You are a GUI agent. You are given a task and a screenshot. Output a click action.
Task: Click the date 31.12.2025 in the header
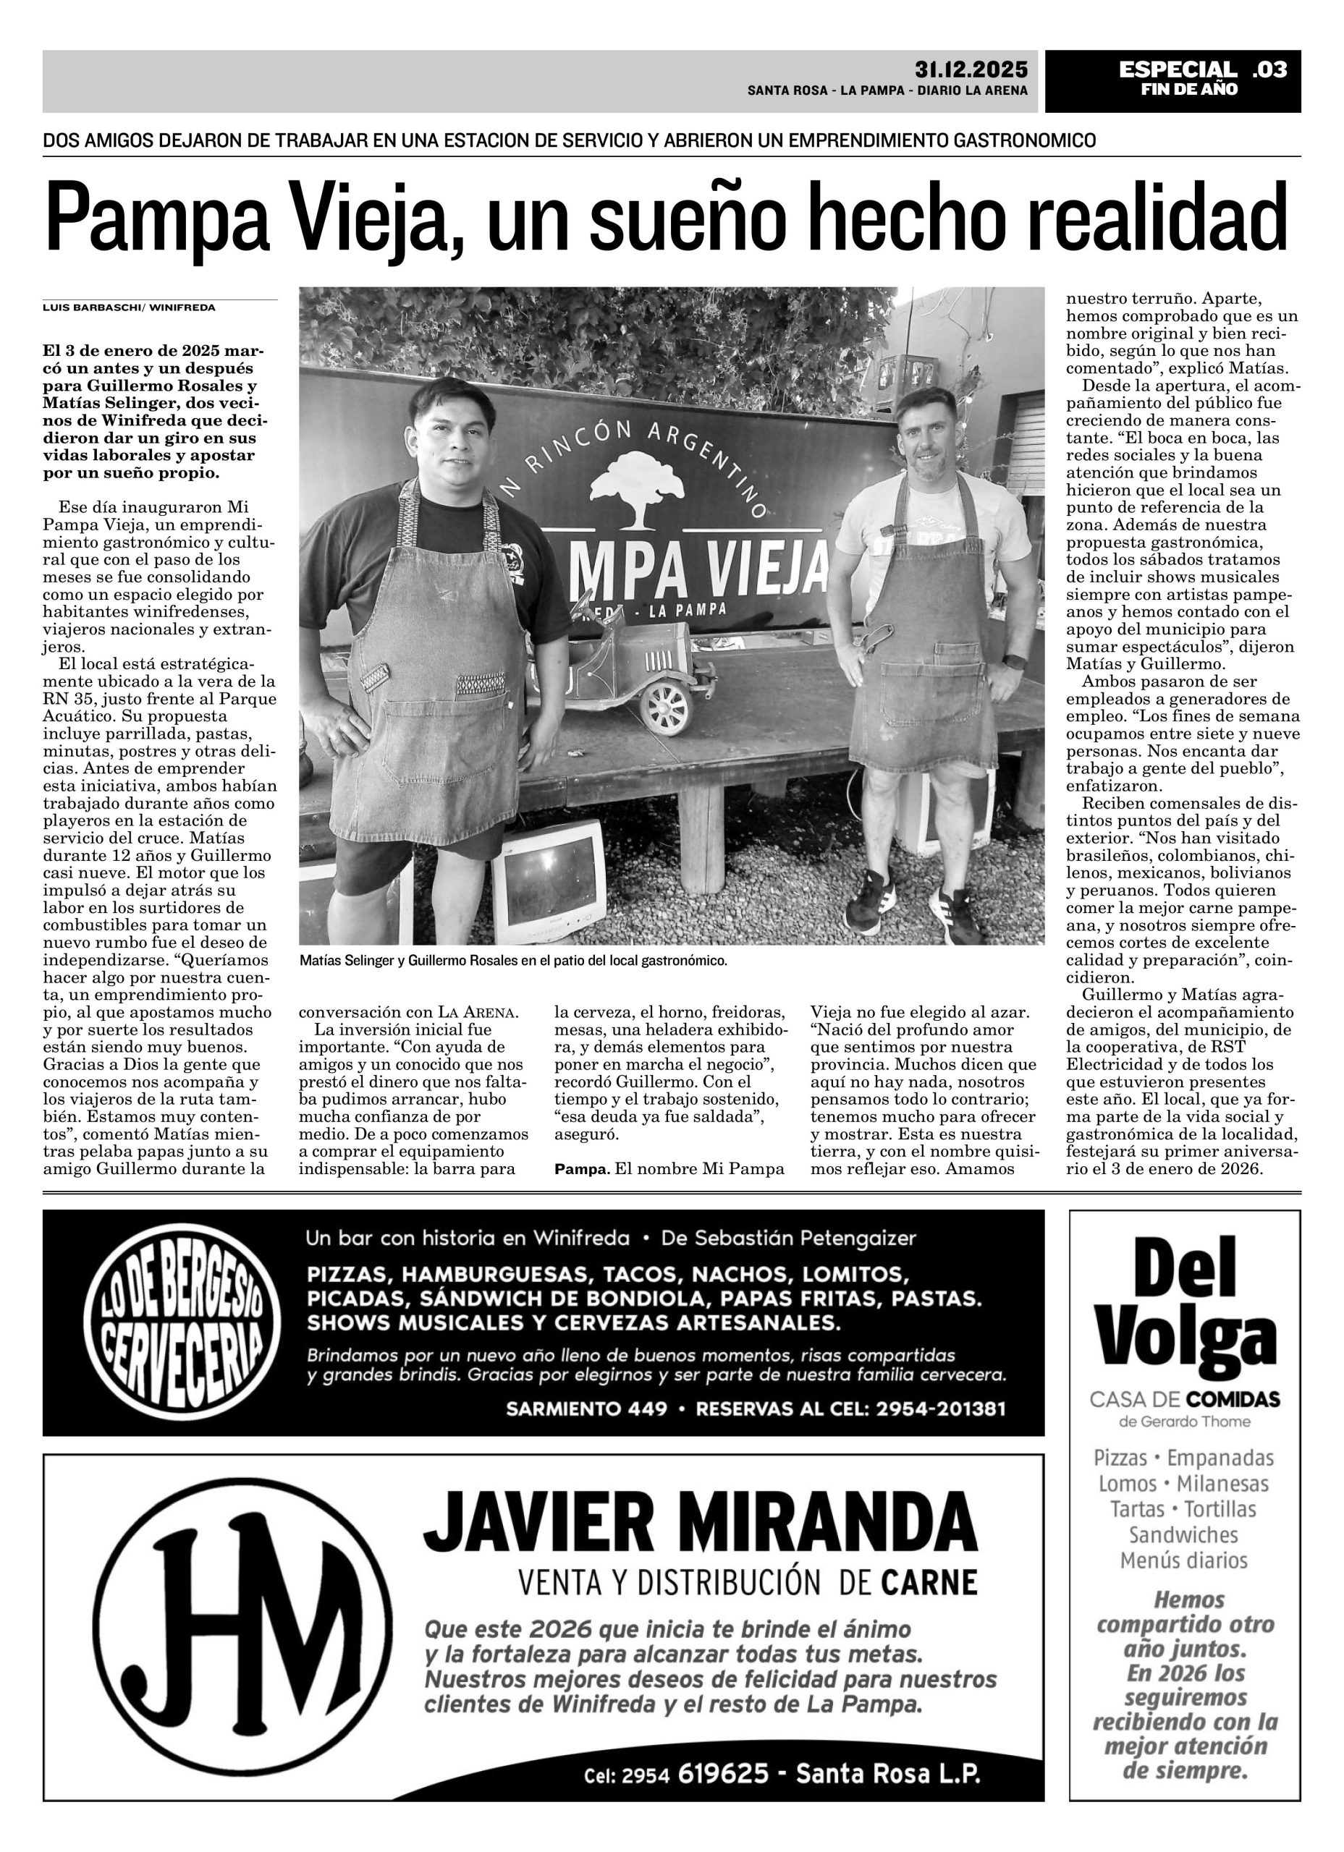971,69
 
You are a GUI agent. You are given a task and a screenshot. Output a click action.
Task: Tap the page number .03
1269,70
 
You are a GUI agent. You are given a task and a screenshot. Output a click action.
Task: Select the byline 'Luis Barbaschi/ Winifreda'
129,308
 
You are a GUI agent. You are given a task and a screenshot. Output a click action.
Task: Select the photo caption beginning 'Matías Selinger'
513,961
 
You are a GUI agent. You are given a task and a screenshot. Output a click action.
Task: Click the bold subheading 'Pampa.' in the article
582,1169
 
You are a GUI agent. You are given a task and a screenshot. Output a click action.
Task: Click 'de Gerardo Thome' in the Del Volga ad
1184,1422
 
